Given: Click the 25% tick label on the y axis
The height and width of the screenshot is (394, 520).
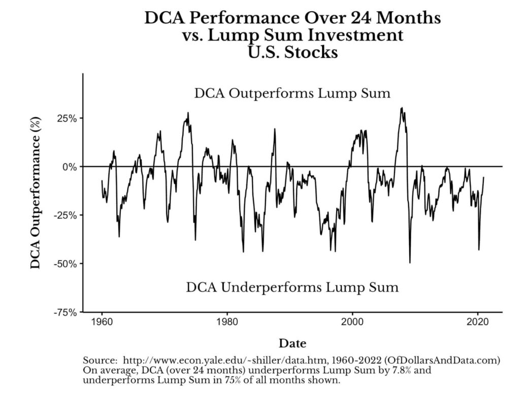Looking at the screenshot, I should coord(66,118).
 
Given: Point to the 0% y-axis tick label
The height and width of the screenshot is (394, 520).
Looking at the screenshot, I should coord(69,167).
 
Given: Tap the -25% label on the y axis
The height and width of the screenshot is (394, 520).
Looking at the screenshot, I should coord(64,216).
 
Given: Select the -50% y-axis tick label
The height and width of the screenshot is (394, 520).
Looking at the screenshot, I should coord(64,264).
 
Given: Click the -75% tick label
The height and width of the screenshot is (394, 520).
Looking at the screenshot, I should coord(64,312).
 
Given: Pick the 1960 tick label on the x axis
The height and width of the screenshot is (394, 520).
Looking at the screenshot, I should coord(102,323).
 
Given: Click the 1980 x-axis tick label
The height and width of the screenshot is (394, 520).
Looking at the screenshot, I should coord(227,323).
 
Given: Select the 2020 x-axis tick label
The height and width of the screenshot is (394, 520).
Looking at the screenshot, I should coord(477,323).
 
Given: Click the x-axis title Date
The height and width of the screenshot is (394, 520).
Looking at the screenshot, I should coord(292,343).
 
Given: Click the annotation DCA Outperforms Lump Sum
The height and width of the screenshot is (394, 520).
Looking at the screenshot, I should coord(292,93).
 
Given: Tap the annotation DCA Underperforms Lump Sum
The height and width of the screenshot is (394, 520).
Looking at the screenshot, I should coord(292,288).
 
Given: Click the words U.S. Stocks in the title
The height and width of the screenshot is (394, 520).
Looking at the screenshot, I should coord(292,52).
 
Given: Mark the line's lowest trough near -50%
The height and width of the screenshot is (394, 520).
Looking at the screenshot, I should coord(410,262).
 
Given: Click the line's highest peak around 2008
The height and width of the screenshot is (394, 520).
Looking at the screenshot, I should coord(402,108).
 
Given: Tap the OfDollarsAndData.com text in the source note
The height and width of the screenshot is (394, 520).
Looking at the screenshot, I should coord(441,360).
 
